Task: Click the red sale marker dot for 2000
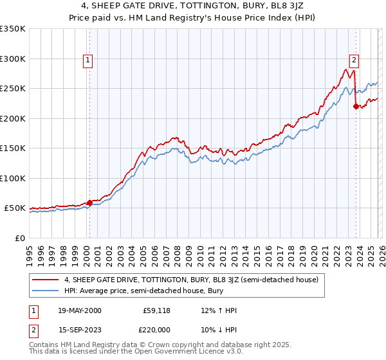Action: (89, 203)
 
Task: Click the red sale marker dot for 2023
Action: (356, 107)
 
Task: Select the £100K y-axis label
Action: (13, 178)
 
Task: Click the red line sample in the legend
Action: (46, 280)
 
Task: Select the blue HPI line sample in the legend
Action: (46, 291)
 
